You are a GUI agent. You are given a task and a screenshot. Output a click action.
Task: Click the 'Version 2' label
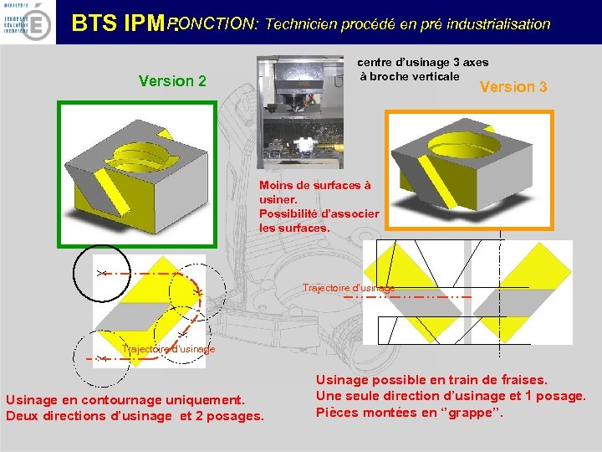click(172, 81)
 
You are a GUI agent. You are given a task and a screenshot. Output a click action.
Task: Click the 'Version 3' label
click(513, 87)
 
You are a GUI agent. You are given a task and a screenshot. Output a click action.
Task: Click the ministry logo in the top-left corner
click(28, 22)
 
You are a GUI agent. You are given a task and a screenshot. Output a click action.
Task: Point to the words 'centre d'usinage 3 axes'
click(423, 62)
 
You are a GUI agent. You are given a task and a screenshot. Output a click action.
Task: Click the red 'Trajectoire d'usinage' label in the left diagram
click(168, 348)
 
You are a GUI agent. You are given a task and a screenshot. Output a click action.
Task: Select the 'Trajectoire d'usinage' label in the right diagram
click(349, 288)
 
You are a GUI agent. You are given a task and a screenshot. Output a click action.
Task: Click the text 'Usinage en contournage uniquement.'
click(125, 400)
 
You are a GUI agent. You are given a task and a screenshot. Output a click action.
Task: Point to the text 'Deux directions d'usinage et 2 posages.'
click(135, 416)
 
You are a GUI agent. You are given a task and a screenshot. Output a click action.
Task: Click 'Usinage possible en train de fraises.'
click(431, 379)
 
